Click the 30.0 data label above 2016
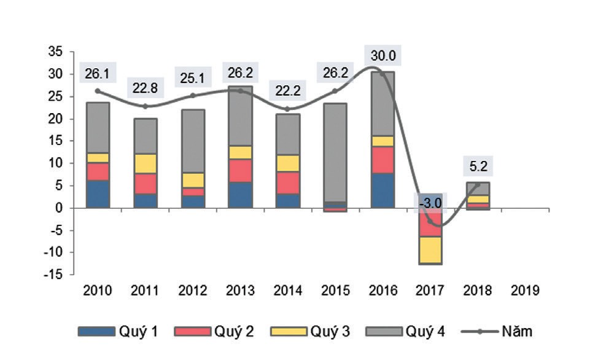pyautogui.click(x=382, y=57)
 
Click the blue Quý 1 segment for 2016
pyautogui.click(x=382, y=190)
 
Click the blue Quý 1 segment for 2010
pyautogui.click(x=98, y=194)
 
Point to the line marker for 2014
pyautogui.click(x=289, y=109)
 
